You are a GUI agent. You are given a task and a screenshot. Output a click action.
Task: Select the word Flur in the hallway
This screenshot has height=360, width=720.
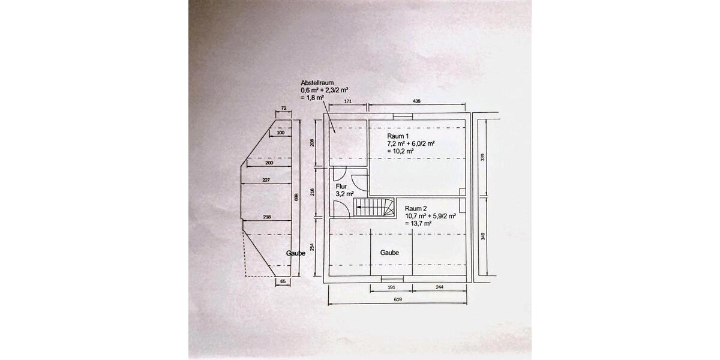click(x=341, y=187)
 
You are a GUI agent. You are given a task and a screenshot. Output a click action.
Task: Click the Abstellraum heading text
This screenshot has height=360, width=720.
click(x=317, y=83)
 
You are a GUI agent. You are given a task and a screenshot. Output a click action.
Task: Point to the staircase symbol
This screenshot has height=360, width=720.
click(x=374, y=208)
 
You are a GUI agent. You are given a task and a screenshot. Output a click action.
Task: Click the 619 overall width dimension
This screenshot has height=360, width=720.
click(x=398, y=299)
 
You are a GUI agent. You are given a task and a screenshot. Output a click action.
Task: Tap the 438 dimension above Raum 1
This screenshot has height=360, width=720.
click(x=416, y=101)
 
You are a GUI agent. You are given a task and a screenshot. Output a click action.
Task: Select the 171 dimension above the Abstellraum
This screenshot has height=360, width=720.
click(x=348, y=101)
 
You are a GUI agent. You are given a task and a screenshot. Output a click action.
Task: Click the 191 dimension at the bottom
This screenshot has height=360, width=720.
click(x=391, y=287)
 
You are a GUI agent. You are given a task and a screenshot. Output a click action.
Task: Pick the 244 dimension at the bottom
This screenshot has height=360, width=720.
click(x=439, y=287)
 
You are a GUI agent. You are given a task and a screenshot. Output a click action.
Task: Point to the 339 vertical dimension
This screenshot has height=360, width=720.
click(x=482, y=157)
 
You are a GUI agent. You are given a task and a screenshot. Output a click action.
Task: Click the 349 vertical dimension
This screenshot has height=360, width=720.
click(x=483, y=236)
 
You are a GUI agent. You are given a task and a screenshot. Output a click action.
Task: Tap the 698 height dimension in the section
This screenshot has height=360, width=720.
click(x=296, y=197)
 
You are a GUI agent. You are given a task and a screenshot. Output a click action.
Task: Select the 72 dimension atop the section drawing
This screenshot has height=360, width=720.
click(x=284, y=109)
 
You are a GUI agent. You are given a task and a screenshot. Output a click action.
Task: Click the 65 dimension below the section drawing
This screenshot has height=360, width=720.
click(x=283, y=281)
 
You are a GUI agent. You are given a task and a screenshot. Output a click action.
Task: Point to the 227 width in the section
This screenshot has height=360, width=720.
click(x=266, y=180)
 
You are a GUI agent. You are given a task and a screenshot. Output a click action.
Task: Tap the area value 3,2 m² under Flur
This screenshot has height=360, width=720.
click(x=345, y=194)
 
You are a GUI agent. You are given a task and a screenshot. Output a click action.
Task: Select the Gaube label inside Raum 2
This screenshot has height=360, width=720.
click(x=389, y=253)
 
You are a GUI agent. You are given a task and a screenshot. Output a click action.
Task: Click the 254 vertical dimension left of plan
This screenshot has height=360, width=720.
click(x=312, y=247)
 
